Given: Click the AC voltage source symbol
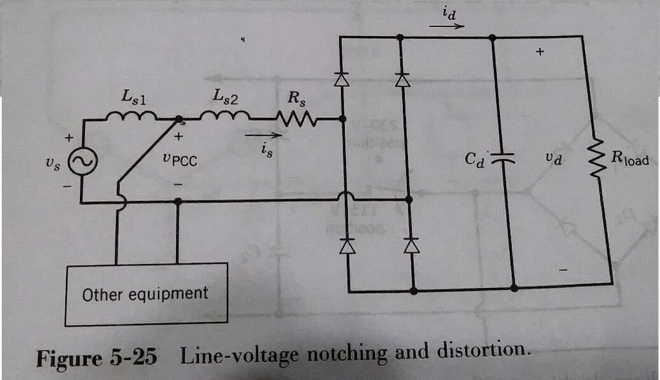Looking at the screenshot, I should (x=84, y=161).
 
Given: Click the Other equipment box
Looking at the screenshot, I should (x=145, y=294).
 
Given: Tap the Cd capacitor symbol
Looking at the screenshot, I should (x=504, y=157).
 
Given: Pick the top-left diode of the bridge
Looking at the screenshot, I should (x=342, y=79).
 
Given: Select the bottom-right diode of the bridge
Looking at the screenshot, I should (x=411, y=245).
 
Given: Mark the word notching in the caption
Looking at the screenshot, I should (x=350, y=354).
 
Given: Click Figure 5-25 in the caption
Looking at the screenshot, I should (x=97, y=356).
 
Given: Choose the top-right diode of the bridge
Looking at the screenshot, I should (x=402, y=79).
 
